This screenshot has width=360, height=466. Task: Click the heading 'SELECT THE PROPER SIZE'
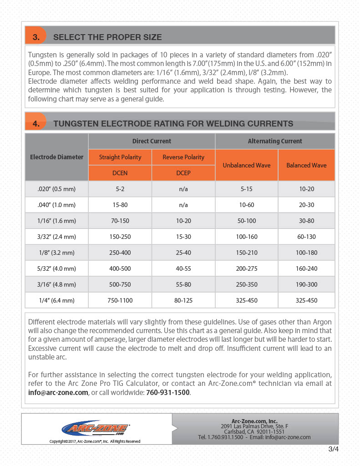click(107, 37)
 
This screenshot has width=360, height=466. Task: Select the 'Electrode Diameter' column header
click(57, 157)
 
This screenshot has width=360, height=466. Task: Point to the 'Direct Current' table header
click(152, 141)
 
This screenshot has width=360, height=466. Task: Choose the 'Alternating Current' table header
click(274, 141)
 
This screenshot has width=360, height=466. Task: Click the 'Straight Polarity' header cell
click(120, 157)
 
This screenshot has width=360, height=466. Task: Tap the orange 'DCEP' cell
click(183, 173)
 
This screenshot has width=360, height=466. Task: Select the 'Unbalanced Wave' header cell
click(246, 165)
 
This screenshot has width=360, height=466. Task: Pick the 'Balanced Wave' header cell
click(306, 165)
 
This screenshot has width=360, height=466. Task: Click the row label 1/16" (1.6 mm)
click(57, 221)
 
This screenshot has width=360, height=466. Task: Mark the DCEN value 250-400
click(120, 253)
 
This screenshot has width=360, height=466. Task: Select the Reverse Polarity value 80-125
click(183, 300)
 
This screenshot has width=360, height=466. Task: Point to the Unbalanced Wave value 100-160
click(246, 237)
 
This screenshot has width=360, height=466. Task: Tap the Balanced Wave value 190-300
click(306, 284)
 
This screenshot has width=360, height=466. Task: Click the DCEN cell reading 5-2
click(120, 189)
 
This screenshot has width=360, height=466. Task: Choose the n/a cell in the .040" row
click(183, 205)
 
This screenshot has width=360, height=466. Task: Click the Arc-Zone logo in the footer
click(96, 428)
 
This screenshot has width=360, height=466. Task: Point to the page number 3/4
click(333, 450)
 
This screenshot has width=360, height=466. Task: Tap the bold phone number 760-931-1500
click(167, 393)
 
